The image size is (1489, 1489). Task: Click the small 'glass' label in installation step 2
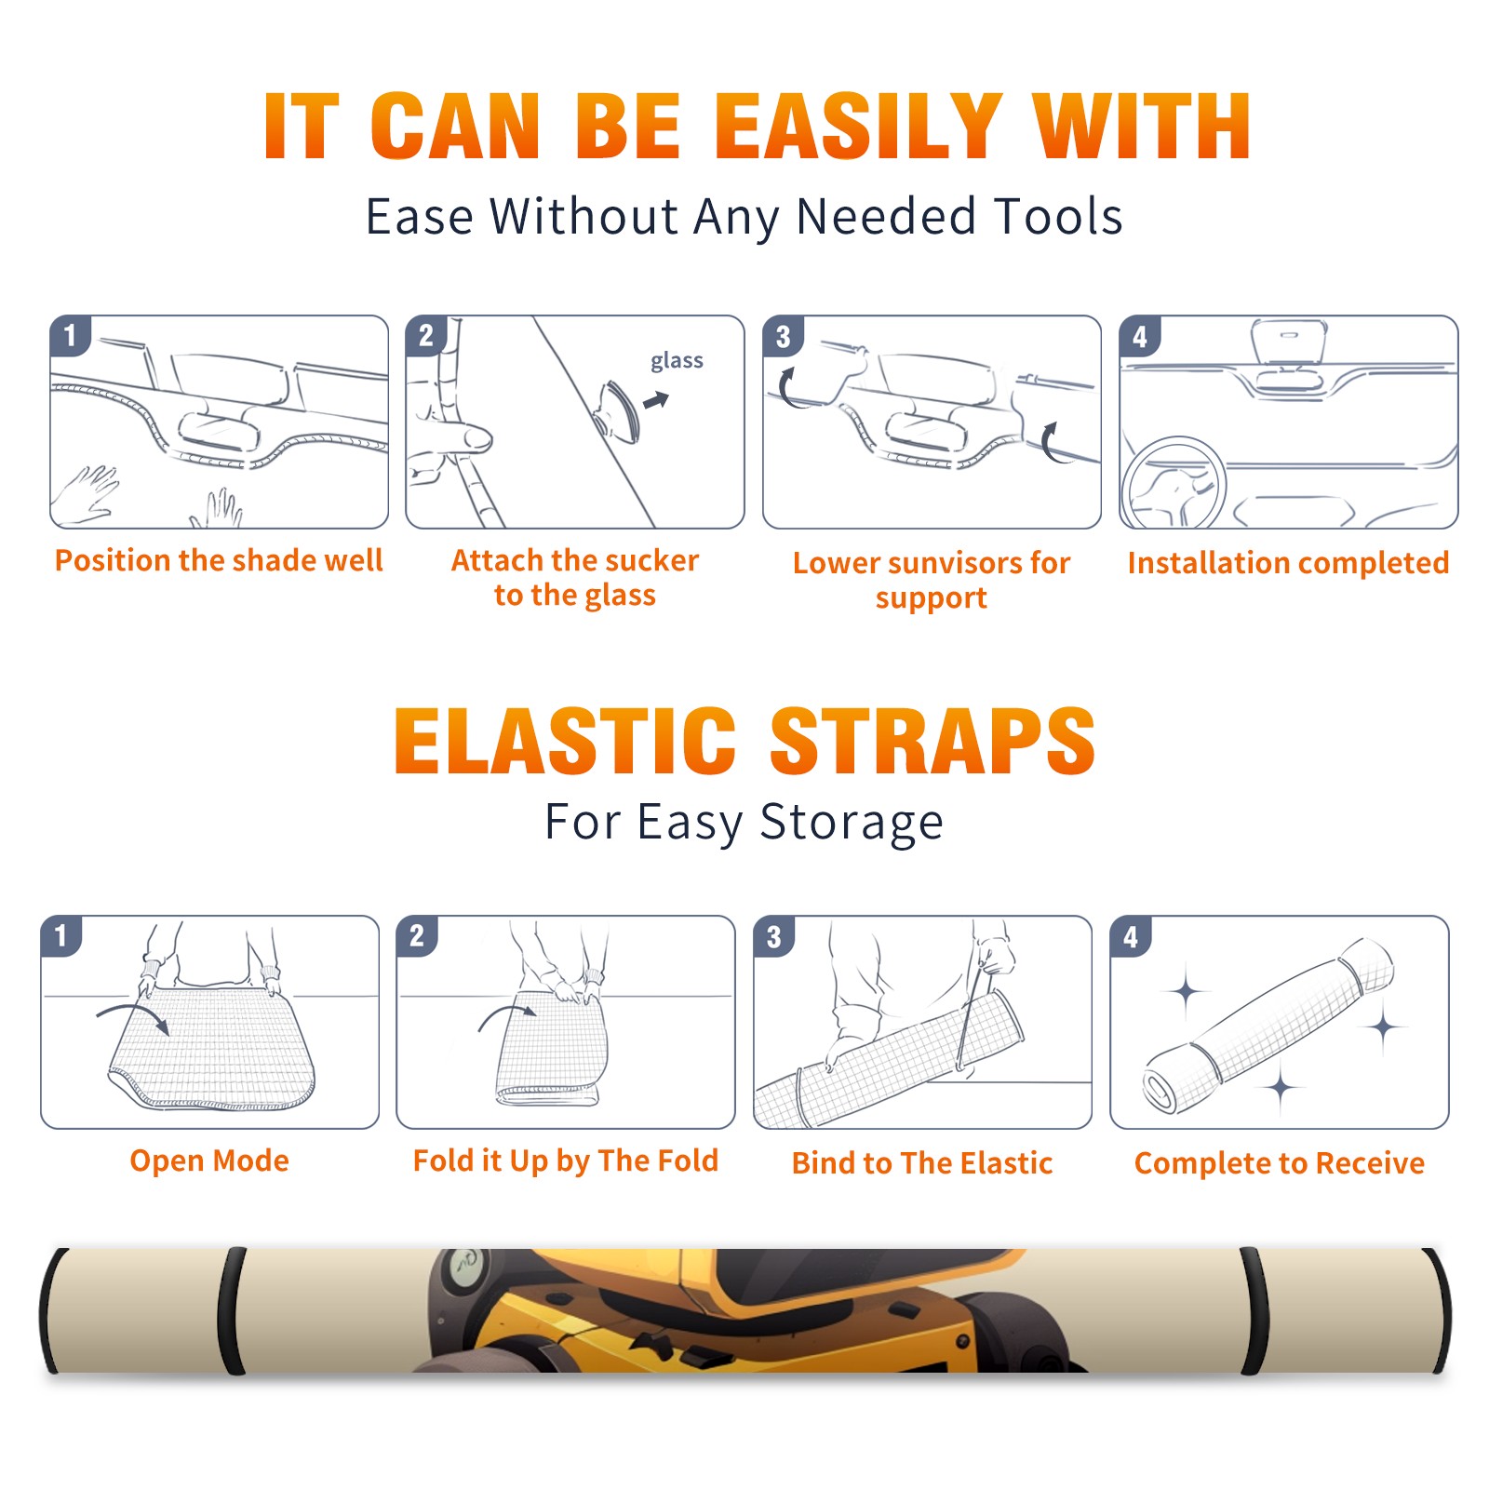click(x=677, y=361)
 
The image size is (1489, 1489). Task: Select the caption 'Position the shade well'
click(x=219, y=560)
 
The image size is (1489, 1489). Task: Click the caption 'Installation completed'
click(x=1288, y=563)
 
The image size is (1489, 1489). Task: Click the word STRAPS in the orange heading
click(x=932, y=741)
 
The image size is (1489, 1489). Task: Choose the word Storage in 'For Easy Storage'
click(x=852, y=823)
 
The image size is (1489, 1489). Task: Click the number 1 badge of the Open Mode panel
click(x=61, y=935)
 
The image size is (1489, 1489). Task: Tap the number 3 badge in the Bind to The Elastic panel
click(x=774, y=936)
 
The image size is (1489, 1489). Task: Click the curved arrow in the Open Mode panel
click(x=133, y=1017)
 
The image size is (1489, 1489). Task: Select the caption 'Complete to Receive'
click(x=1280, y=1163)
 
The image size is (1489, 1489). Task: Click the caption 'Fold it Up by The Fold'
click(x=566, y=1160)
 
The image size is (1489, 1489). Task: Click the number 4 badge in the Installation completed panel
click(x=1140, y=336)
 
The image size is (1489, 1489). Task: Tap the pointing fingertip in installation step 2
click(x=476, y=436)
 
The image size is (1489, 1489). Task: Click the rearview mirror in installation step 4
click(x=1289, y=342)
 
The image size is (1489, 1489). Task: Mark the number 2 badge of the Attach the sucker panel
click(x=426, y=336)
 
